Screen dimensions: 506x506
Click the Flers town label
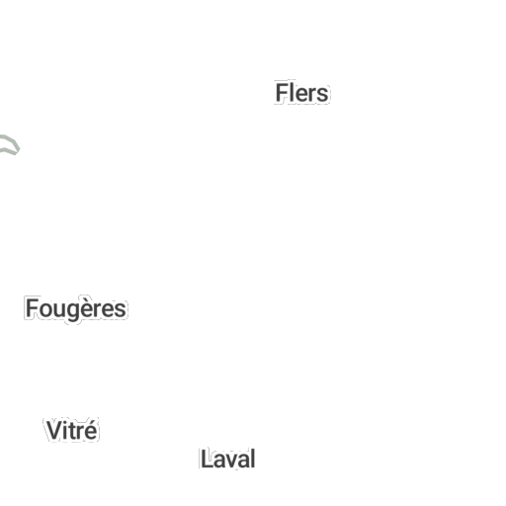[x=301, y=93]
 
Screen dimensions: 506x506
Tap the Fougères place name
[x=76, y=309]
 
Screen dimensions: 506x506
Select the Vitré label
[x=72, y=430]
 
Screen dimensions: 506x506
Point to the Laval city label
[x=228, y=459]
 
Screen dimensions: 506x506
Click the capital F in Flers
[x=282, y=93]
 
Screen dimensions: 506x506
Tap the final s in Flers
[x=322, y=95]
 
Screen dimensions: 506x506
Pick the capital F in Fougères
[x=32, y=308]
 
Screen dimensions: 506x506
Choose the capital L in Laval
[x=206, y=459]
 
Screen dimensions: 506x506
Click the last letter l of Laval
[x=253, y=459]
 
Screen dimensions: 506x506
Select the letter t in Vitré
[x=73, y=431]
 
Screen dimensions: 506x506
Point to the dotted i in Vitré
[x=66, y=430]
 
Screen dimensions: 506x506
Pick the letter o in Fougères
[x=46, y=310]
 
